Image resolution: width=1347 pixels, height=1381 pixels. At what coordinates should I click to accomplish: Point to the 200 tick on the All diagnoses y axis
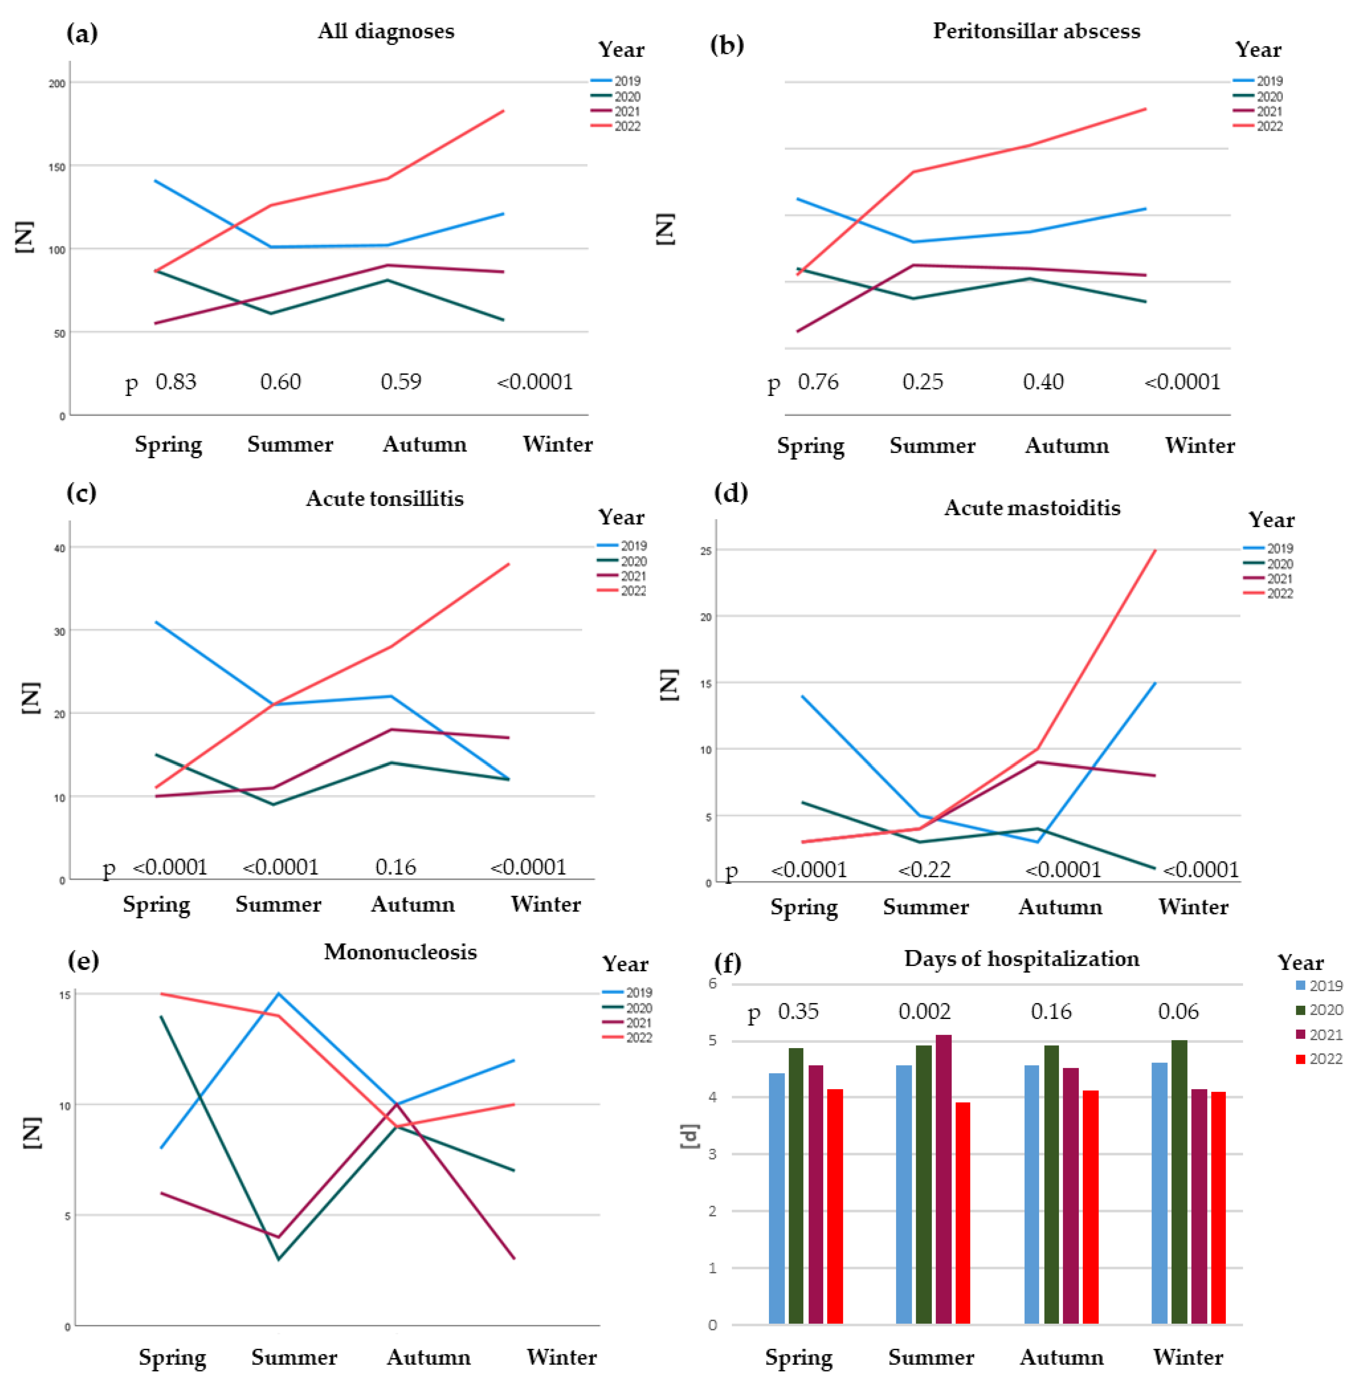57,83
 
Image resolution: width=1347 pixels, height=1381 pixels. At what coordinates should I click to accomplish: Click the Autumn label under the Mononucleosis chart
428,1357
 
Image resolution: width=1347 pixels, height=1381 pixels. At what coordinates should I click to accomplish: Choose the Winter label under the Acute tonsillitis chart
545,904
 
